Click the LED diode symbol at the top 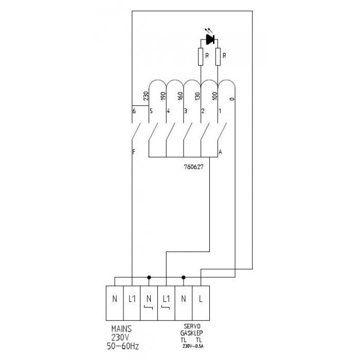210,39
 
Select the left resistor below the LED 201,57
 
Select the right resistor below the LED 218,57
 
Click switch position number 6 134,111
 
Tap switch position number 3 186,111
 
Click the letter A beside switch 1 221,152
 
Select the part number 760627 193,167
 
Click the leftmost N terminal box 114,299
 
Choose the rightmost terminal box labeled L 201,299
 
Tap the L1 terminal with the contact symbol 166,300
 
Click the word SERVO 191,327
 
